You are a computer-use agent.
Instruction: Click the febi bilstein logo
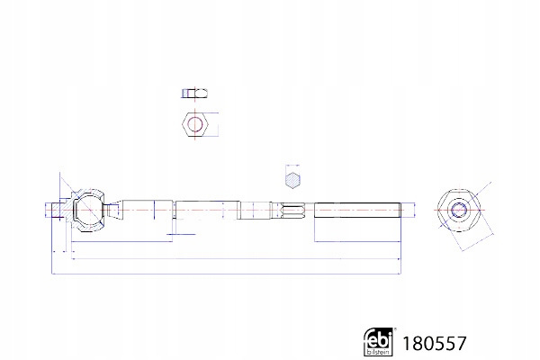coord(378,341)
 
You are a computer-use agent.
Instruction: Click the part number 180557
coord(435,343)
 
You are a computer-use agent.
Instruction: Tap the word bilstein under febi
coord(379,352)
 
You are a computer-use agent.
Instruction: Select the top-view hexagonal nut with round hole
coord(195,124)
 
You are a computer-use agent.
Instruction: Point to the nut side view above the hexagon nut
coord(195,93)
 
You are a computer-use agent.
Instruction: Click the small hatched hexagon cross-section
coord(292,180)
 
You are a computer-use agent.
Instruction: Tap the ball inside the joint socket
coord(89,210)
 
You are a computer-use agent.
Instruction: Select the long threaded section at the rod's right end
coord(357,210)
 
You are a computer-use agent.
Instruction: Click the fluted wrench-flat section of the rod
coord(293,210)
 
